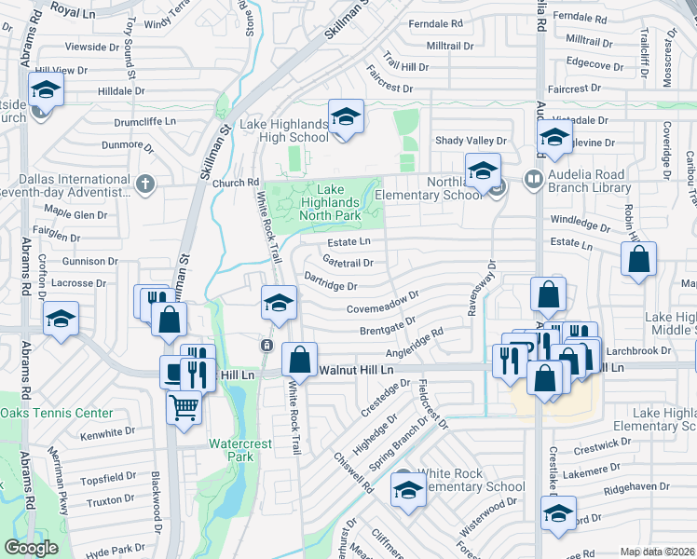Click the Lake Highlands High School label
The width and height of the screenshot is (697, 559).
click(285, 130)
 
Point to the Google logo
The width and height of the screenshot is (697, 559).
click(31, 548)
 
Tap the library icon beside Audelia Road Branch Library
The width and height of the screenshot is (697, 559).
click(534, 177)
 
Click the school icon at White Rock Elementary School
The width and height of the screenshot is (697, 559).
click(407, 490)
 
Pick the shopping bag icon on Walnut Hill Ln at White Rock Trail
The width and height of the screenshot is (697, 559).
click(300, 361)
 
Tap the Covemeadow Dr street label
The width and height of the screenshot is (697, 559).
click(383, 307)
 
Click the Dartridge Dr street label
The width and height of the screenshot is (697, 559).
click(331, 281)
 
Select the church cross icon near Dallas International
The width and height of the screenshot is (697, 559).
click(144, 184)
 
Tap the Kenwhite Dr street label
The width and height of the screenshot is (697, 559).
click(108, 434)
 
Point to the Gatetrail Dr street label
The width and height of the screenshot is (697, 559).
click(348, 262)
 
